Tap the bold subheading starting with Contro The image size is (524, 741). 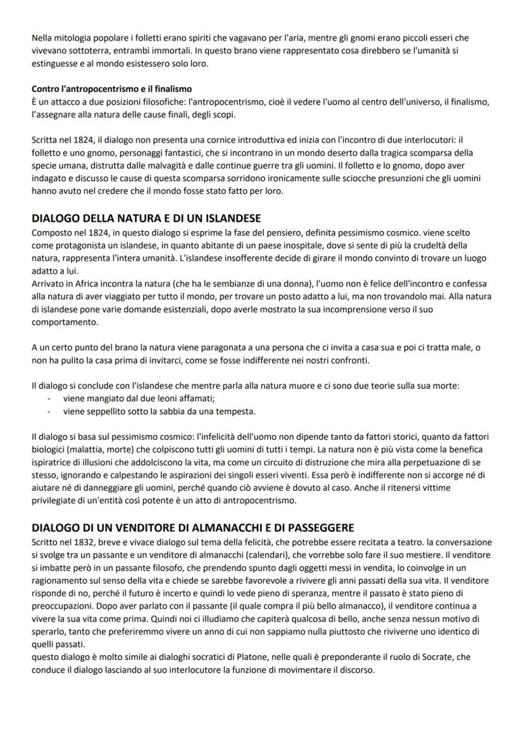(111, 89)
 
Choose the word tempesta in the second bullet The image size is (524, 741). (219, 411)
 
